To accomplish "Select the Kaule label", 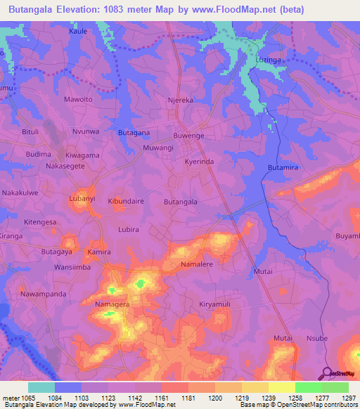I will point(77,32).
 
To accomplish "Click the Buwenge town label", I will point(188,135).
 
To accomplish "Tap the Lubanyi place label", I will point(82,199).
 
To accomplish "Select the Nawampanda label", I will point(43,293).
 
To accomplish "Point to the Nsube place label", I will point(317,338).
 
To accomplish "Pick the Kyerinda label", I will point(199,161).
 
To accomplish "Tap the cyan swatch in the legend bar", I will point(41,387).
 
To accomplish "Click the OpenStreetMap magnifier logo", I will point(327,372).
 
